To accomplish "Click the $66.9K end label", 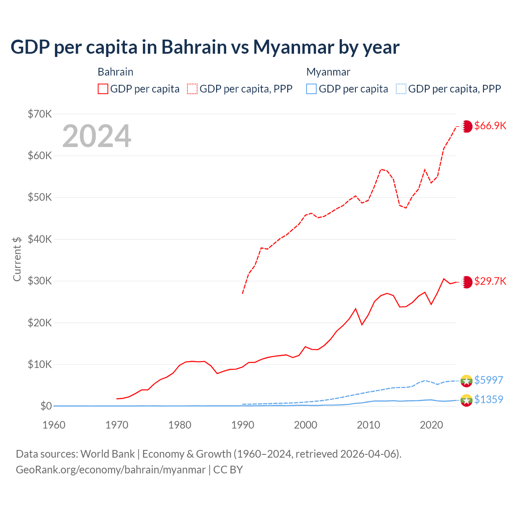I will (x=490, y=126).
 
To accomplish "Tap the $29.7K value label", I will (x=490, y=281).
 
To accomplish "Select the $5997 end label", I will (x=488, y=380).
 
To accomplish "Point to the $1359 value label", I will (x=488, y=399).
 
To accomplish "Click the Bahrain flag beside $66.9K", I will (x=467, y=126).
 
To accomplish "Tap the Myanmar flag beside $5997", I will (x=467, y=380).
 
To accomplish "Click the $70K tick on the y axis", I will (x=40, y=114).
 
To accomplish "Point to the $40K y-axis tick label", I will (x=40, y=239).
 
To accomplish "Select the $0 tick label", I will (x=46, y=406).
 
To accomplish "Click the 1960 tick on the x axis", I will (x=54, y=425).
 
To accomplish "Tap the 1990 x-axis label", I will (x=243, y=425).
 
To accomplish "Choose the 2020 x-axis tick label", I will (x=431, y=425).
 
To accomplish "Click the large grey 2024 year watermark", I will (x=97, y=136).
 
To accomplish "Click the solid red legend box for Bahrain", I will (x=103, y=89).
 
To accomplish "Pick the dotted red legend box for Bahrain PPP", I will (x=192, y=89).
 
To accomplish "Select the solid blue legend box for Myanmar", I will (x=311, y=89).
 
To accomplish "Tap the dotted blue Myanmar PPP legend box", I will (x=401, y=89).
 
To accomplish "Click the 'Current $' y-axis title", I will (x=17, y=259).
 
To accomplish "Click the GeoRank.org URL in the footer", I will (x=111, y=470).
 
